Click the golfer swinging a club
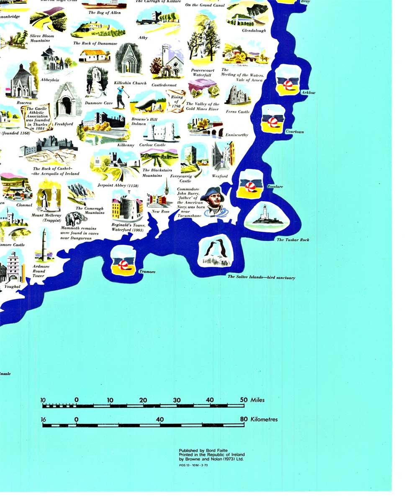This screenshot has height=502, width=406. tap(121, 97)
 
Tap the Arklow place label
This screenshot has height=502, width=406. tap(308, 92)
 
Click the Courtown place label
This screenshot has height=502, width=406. tap(294, 132)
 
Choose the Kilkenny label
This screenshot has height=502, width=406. tap(125, 145)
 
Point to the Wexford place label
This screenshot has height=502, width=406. tap(219, 176)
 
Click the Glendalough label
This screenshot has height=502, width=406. tap(254, 31)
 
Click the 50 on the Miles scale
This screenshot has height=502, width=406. tap(244, 400)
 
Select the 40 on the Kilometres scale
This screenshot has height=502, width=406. tap(160, 419)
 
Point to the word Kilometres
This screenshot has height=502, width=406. tap(264, 419)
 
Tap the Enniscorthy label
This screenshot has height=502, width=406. tap(236, 135)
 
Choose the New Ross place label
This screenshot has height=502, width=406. tap(160, 212)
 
